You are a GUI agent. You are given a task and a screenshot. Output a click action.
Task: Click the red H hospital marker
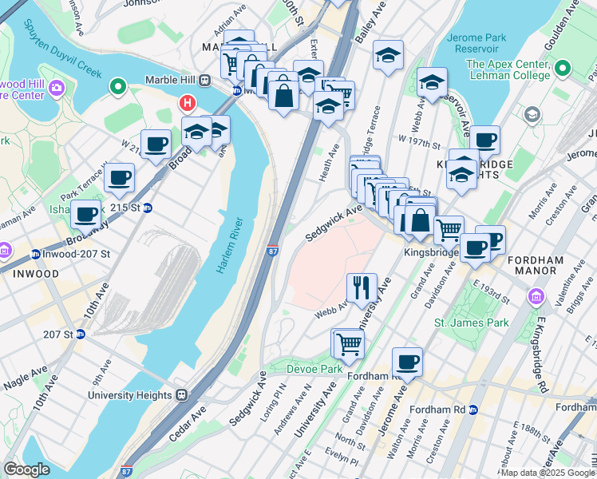point(188,103)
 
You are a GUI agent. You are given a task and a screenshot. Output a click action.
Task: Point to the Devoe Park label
point(315,369)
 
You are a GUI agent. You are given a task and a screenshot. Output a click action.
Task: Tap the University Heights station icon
point(182,394)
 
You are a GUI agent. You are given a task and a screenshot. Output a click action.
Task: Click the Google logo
point(26,469)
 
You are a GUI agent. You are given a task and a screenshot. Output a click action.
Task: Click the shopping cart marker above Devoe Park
point(348,344)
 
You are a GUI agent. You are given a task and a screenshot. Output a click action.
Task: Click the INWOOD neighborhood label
point(34,274)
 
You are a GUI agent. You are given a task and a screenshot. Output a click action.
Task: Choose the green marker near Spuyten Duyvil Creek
point(118,85)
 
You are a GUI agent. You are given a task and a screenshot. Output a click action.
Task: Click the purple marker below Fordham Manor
point(536,298)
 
